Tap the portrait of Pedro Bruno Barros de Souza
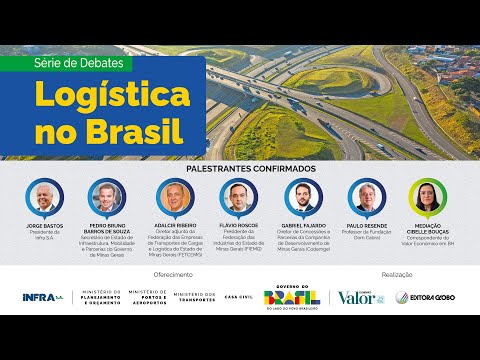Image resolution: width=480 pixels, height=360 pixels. [103, 196]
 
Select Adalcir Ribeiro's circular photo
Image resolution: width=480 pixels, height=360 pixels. [172, 196]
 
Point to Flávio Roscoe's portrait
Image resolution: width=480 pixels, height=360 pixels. [237, 196]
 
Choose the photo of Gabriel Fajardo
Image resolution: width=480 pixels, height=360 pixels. [304, 196]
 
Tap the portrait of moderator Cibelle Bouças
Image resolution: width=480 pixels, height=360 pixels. [427, 196]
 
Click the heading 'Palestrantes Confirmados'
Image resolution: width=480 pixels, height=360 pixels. [239, 170]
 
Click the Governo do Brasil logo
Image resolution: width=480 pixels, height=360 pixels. [291, 296]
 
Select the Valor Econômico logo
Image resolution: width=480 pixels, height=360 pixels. [360, 296]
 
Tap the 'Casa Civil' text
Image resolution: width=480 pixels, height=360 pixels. [239, 297]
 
